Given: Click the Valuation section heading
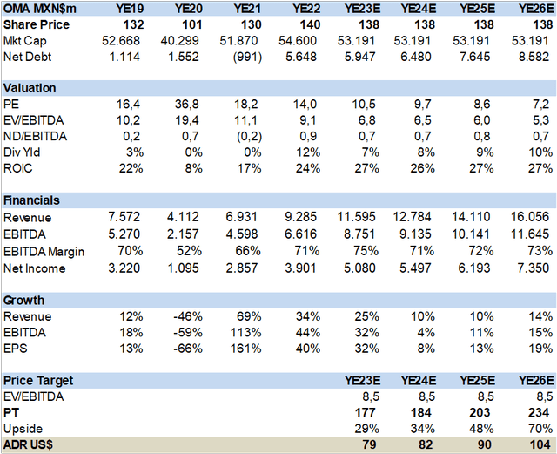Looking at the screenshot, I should pos(30,87).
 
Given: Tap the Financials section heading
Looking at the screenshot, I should pos(32,199).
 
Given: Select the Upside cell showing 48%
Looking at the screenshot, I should pos(475,429).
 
